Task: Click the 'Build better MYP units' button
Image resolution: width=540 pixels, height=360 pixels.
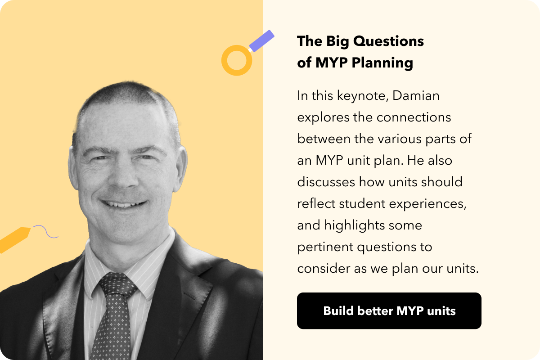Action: point(389,310)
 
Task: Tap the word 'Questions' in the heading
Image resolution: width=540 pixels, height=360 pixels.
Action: point(388,41)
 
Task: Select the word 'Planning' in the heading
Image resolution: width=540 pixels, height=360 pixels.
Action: point(382,63)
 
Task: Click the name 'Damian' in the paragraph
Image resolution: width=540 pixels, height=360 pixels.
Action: point(416,95)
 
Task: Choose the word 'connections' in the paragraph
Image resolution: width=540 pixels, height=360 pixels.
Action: point(414,117)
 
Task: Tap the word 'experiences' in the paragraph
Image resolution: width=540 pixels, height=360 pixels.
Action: point(427,204)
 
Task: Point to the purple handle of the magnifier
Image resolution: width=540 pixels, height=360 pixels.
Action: point(261,41)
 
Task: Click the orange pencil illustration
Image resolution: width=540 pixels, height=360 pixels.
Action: point(14,239)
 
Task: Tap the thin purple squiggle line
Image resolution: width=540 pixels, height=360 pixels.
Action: point(45,231)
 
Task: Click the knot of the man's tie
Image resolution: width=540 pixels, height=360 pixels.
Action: point(117,284)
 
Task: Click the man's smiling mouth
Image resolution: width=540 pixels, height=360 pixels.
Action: point(123,204)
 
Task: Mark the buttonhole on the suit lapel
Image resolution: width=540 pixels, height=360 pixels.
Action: point(189,296)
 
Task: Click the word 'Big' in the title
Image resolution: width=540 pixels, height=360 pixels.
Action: point(337,42)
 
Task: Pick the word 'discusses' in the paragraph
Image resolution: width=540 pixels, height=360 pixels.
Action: point(326,182)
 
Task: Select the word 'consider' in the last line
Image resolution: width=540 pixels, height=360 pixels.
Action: point(324,269)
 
